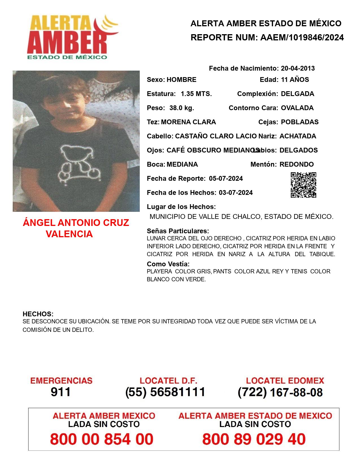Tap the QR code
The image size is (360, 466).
304,185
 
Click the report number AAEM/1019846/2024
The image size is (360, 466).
302,37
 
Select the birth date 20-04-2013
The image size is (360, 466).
298,68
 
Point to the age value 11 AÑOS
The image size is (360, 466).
295,80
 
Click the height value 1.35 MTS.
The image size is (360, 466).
196,94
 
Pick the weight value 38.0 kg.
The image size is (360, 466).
182,108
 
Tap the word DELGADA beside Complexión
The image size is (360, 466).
297,94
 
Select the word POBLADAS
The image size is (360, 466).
300,122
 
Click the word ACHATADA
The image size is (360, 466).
298,136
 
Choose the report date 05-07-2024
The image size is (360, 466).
226,178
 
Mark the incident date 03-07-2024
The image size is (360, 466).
236,193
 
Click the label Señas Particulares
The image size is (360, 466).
178,231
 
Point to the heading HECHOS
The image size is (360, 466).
38,314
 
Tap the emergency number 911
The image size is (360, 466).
61,392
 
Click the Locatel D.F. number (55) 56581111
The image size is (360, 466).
165,392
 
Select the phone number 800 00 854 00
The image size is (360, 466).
102,439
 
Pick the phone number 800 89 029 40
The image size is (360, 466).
254,439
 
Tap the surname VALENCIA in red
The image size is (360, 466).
69,234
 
